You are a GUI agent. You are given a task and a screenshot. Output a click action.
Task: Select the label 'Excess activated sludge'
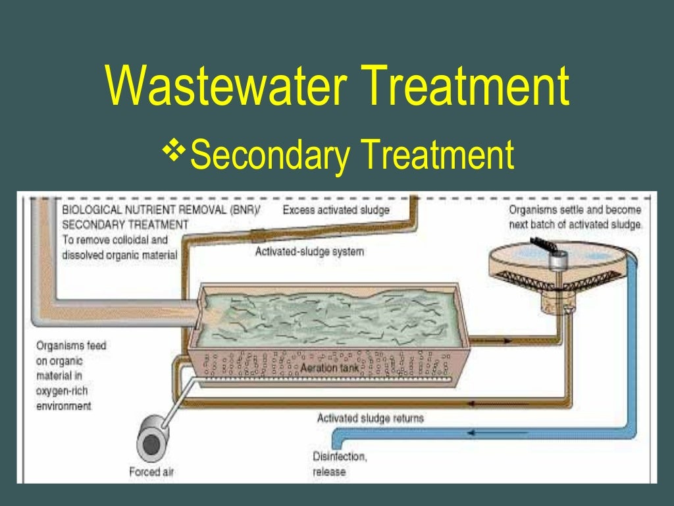click(336, 210)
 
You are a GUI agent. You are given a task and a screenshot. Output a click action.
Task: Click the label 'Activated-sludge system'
click(309, 251)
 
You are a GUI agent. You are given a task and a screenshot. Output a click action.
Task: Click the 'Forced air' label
click(152, 472)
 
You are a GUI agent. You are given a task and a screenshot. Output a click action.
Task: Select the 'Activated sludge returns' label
click(371, 418)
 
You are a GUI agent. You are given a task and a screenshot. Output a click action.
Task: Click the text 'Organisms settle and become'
click(575, 210)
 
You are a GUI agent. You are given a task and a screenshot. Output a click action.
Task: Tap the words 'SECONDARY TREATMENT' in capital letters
click(125, 225)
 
